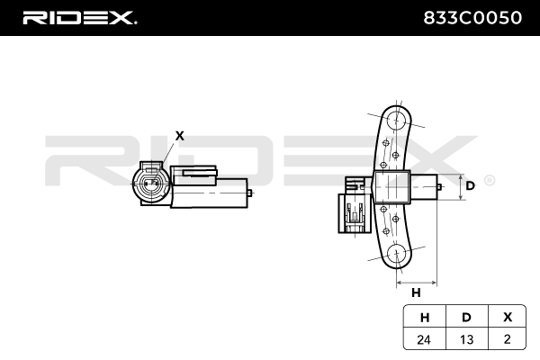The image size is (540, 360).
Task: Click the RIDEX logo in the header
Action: tap(78, 17)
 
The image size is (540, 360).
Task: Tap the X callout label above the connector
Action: tap(179, 136)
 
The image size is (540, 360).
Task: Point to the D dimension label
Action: tap(469, 186)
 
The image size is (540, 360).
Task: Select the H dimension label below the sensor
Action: tap(416, 293)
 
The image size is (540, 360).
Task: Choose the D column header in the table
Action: tap(465, 316)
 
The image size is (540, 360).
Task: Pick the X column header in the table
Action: tap(508, 316)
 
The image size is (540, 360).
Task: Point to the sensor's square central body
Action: tap(391, 187)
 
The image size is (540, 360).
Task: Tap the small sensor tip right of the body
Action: tap(437, 187)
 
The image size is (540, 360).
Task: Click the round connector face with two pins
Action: tap(150, 187)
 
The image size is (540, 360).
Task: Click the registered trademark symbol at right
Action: tap(489, 181)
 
